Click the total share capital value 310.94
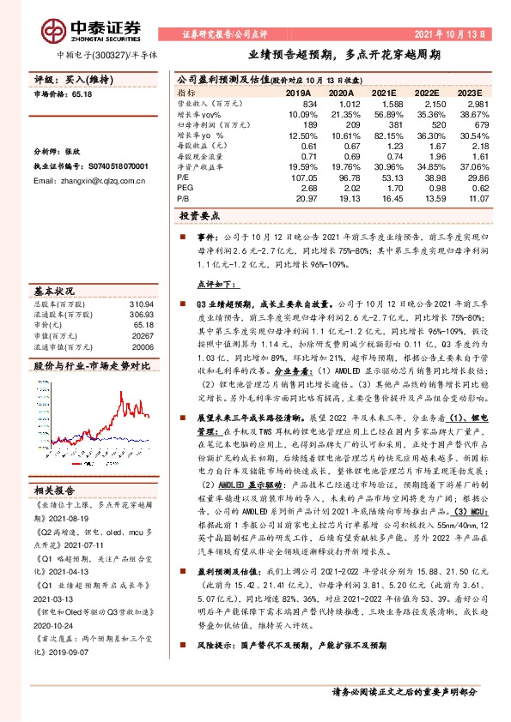[x=141, y=305]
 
